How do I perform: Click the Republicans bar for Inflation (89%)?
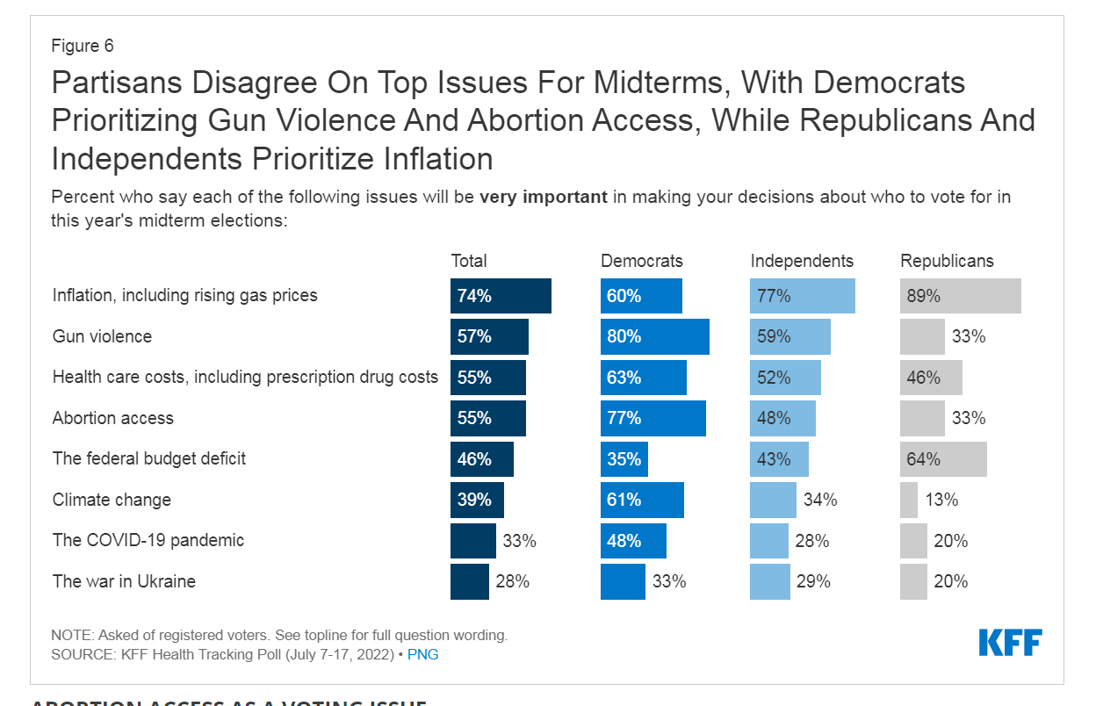(960, 296)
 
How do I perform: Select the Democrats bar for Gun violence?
(654, 336)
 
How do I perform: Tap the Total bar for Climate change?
(477, 500)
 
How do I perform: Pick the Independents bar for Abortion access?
(782, 418)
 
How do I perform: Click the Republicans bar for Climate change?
(909, 500)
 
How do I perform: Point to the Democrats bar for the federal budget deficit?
(624, 458)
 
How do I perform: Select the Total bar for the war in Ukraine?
(470, 581)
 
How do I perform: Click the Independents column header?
(801, 261)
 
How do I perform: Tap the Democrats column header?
(641, 261)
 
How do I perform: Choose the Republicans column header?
(947, 261)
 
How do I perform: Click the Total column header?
(469, 261)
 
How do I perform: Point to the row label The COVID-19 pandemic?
(148, 540)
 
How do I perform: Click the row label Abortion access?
(113, 418)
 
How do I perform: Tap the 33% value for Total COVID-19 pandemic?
(519, 541)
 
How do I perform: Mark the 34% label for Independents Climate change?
(820, 500)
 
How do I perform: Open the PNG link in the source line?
(423, 655)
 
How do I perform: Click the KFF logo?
(1010, 643)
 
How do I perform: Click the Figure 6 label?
(83, 46)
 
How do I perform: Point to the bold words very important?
(544, 197)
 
